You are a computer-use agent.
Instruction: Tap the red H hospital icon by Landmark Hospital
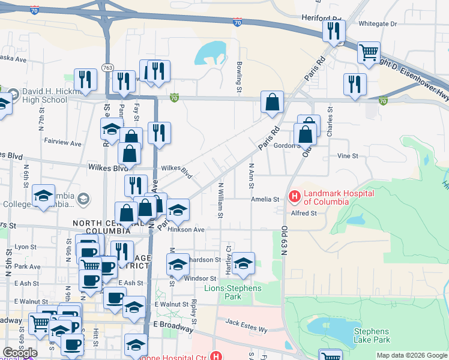294,196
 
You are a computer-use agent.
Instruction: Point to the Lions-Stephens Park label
234,292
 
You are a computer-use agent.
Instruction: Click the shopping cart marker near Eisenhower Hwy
369,52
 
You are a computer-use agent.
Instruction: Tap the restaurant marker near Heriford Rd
333,31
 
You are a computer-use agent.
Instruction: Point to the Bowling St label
238,77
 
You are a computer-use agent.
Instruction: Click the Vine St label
348,156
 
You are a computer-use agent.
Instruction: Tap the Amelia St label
265,199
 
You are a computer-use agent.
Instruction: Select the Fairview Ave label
62,143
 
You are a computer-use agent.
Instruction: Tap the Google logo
20,352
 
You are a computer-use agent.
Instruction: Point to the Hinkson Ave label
187,229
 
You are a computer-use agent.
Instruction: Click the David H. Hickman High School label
45,96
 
